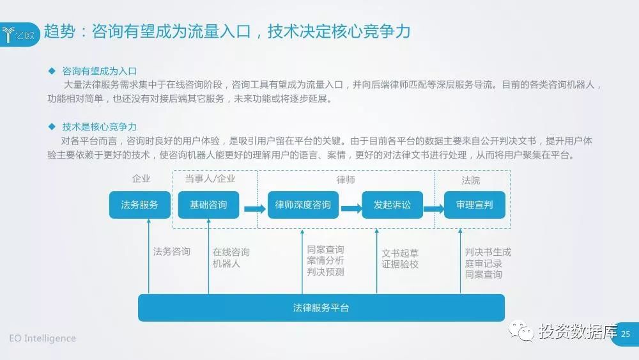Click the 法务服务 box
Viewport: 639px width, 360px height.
[139, 205]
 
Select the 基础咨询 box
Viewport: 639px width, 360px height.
[208, 205]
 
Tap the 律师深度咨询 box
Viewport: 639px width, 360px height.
[303, 205]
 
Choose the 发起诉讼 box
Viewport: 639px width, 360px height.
[392, 205]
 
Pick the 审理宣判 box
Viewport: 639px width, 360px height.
[474, 205]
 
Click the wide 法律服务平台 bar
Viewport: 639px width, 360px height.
[321, 308]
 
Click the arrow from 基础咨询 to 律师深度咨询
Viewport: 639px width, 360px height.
[254, 208]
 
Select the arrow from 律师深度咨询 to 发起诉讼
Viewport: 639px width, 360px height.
[351, 208]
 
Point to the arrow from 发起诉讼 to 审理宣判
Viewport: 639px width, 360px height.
[433, 208]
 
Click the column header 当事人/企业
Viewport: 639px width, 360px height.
[210, 179]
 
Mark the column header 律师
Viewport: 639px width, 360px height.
[346, 180]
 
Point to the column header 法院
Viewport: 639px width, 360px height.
[471, 180]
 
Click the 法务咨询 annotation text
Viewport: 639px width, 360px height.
[172, 251]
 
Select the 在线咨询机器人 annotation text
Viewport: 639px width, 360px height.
[231, 257]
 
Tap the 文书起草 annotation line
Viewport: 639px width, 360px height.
[400, 253]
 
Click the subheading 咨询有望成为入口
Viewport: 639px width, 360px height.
[100, 71]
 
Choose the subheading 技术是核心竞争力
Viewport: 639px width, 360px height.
[100, 127]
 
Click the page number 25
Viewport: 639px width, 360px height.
[626, 334]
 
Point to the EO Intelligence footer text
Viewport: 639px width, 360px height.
[42, 338]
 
